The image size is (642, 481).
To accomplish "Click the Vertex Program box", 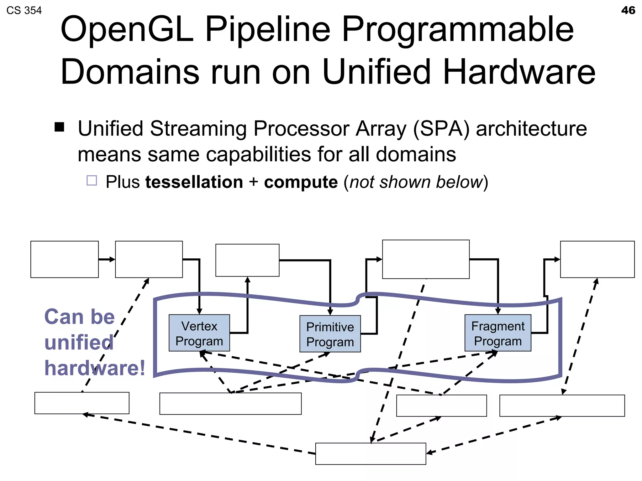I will pos(199,333).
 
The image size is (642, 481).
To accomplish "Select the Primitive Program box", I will pos(330,334).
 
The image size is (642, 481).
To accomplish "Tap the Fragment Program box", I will pos(497,333).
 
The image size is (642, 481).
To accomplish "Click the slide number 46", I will pos(628,10).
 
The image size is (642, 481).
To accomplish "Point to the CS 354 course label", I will pos(24,10).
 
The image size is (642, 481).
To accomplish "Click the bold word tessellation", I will pos(194,182).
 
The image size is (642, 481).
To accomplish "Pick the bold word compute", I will pos(301,182).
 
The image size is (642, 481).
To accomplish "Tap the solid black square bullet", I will pos(59,127).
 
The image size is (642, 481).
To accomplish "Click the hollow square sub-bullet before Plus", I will pos(92,180).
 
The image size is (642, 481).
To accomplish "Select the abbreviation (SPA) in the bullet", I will pos(441,128).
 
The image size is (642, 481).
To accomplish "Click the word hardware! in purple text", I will pos(95,368).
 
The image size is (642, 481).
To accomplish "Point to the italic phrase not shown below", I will pos(416,182).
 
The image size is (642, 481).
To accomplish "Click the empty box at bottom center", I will pos(371,453).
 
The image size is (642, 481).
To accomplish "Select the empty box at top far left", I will pos(64,259).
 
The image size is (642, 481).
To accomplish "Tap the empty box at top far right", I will pos(597,259).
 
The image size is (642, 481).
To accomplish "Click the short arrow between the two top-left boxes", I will pos(107,259).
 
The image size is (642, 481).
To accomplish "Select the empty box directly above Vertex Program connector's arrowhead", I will pos(247,260).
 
